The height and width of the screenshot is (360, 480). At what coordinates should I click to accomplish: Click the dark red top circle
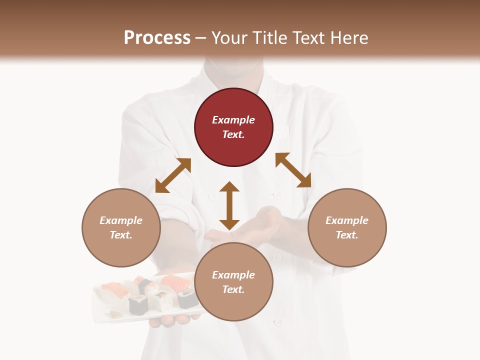coord(233,127)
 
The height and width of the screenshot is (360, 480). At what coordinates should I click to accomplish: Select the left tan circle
coord(121,227)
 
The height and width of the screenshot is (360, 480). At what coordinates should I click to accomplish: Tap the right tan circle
coord(347,227)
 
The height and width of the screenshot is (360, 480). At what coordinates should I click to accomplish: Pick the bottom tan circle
coord(233,282)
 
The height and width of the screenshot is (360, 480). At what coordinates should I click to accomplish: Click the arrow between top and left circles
coord(173,175)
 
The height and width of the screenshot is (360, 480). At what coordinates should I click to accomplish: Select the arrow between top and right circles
coord(293,170)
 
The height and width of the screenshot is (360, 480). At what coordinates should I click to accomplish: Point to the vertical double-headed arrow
coord(229,205)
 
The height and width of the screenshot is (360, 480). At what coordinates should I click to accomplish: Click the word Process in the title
coord(157,37)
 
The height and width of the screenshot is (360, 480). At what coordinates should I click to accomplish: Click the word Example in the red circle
coord(233,120)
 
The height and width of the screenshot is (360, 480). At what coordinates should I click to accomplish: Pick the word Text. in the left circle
coord(121,235)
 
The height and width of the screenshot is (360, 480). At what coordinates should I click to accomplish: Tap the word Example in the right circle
coord(347,220)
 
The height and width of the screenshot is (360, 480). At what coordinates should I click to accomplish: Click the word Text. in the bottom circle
coord(233,289)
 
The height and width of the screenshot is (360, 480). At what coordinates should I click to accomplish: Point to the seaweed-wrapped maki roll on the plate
coord(138,304)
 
